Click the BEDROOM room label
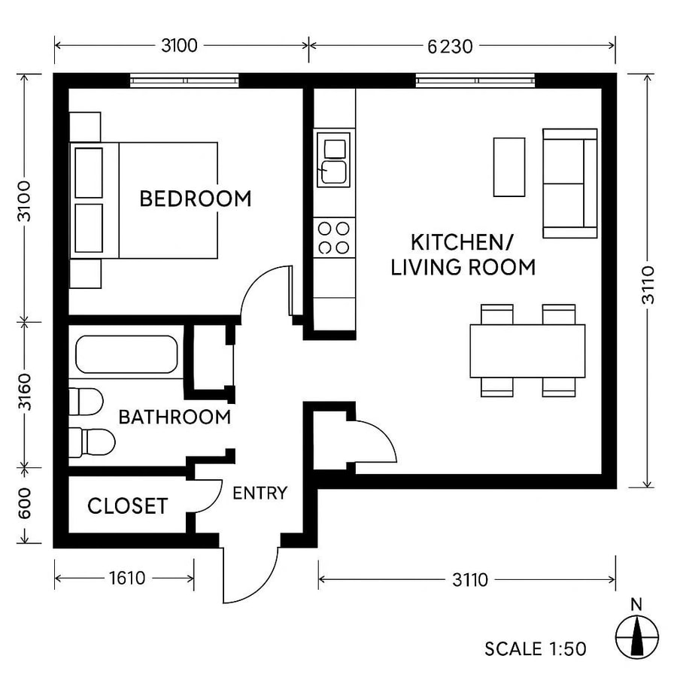click(x=196, y=199)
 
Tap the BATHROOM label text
click(x=175, y=417)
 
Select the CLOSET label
click(x=127, y=506)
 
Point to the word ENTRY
click(x=260, y=493)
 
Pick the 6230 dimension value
click(x=450, y=47)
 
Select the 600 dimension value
click(x=25, y=505)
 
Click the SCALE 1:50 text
click(x=535, y=648)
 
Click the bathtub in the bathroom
click(x=126, y=355)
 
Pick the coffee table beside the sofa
click(x=509, y=167)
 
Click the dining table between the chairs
click(x=527, y=351)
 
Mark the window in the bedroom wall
click(x=184, y=80)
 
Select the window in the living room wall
click(x=476, y=80)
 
